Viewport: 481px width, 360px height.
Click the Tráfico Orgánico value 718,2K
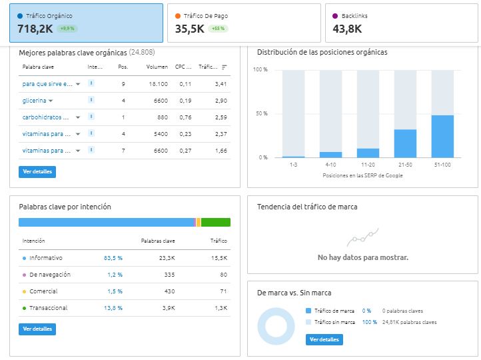35,29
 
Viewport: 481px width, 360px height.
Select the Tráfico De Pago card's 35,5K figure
190,29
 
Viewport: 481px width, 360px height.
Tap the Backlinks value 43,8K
347,29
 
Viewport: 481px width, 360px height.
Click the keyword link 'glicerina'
34,101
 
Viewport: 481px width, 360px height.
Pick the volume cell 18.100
159,84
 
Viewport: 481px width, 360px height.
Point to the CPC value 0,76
185,117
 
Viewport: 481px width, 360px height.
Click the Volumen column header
157,67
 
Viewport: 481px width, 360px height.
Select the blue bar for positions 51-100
442,137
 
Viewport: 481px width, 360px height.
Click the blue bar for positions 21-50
405,143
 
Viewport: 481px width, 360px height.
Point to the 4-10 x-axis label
330,165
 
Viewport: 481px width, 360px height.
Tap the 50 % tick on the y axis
262,113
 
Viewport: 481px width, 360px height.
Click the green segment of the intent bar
216,222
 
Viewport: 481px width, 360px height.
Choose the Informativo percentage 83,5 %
113,258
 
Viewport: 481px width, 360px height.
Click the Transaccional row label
49,308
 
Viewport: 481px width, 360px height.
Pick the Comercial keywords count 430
169,291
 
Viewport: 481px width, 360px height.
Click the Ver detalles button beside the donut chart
324,339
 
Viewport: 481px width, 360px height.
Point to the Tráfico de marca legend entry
330,311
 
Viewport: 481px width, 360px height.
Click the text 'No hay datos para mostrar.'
363,257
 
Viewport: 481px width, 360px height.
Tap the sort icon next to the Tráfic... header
225,67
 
